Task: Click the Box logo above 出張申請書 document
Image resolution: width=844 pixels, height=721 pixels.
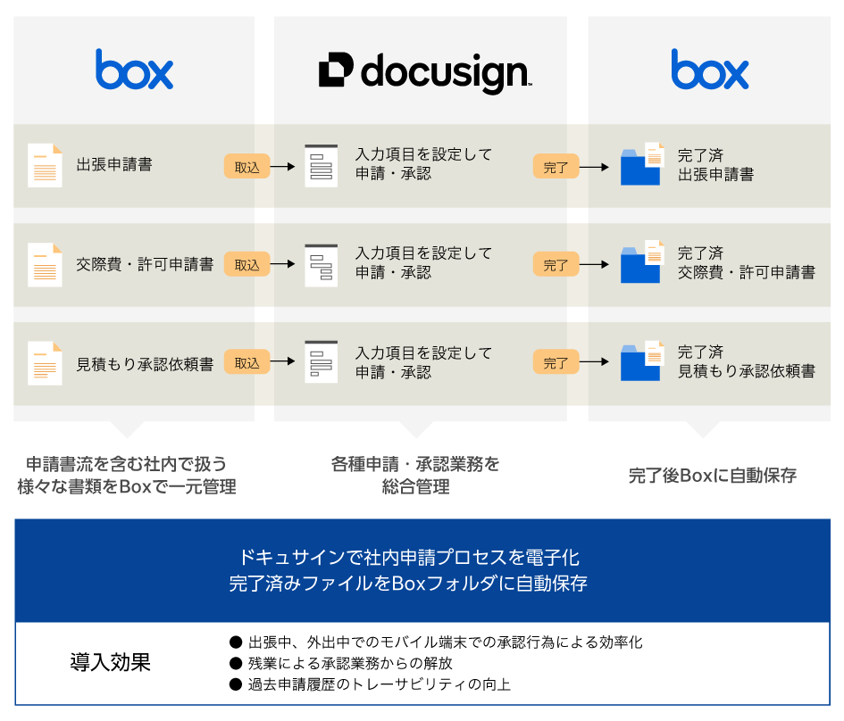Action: (134, 70)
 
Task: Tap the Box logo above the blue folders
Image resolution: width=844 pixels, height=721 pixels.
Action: (710, 70)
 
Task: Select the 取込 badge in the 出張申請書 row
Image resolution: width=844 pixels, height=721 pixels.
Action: (247, 166)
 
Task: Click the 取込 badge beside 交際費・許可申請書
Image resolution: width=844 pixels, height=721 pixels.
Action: (247, 264)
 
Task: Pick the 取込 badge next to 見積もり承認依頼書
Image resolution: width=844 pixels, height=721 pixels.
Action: (247, 363)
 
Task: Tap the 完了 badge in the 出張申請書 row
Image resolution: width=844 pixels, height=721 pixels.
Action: (556, 166)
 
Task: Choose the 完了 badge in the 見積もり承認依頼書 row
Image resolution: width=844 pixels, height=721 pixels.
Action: (556, 363)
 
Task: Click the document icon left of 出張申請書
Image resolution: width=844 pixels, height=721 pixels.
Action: (45, 165)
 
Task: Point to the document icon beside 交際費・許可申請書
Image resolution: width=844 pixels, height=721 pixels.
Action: (45, 264)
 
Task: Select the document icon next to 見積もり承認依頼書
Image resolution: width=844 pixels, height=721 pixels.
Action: (45, 363)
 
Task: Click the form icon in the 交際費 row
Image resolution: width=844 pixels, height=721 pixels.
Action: (322, 264)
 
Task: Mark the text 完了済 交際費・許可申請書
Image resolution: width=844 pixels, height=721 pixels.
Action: (746, 263)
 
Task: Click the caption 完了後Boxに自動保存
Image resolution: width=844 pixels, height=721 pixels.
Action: (712, 476)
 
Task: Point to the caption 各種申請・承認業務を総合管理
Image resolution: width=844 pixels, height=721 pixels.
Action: (415, 476)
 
